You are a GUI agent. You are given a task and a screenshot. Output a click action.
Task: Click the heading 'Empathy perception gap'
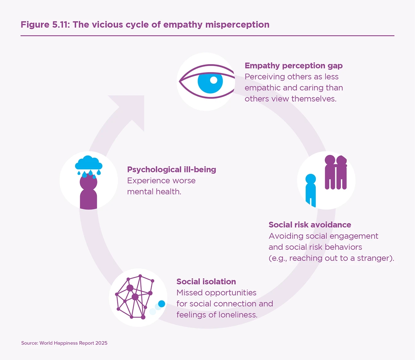[293, 66]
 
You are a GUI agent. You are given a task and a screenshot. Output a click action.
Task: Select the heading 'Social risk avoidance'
[310, 225]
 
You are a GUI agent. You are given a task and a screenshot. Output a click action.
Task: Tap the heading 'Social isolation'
[206, 281]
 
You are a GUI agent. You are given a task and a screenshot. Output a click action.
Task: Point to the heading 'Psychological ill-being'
[171, 169]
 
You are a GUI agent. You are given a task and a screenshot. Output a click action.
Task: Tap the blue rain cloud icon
[88, 163]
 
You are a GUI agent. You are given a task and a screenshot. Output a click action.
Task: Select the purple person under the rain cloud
[88, 192]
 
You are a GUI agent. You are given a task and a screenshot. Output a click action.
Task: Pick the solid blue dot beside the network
[162, 304]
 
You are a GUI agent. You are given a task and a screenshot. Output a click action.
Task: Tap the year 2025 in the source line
[101, 343]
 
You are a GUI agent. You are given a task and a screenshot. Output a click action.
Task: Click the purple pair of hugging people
[336, 172]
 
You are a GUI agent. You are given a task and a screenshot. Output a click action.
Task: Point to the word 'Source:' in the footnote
[29, 343]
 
